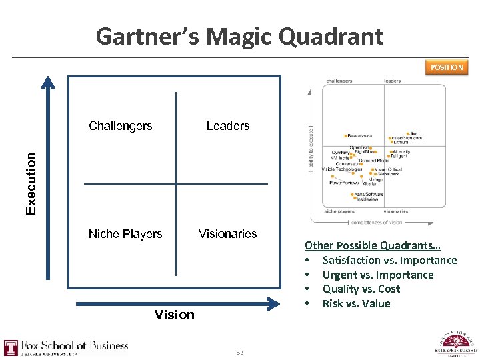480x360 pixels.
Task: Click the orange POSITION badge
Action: point(446,67)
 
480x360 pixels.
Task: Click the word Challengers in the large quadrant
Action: point(121,126)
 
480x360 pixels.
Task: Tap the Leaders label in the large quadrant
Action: point(228,126)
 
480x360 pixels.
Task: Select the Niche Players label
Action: point(125,234)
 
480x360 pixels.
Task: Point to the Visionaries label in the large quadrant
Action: point(227,234)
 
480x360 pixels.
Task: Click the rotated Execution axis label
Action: point(31,183)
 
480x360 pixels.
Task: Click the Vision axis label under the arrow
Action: point(175,315)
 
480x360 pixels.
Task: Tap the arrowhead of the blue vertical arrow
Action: point(47,81)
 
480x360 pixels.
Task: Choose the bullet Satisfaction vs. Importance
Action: point(389,260)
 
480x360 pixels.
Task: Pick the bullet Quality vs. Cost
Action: point(361,289)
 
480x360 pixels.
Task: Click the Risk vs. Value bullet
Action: point(356,303)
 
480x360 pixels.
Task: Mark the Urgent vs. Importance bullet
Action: point(378,275)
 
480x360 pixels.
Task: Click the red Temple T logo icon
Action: point(11,348)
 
